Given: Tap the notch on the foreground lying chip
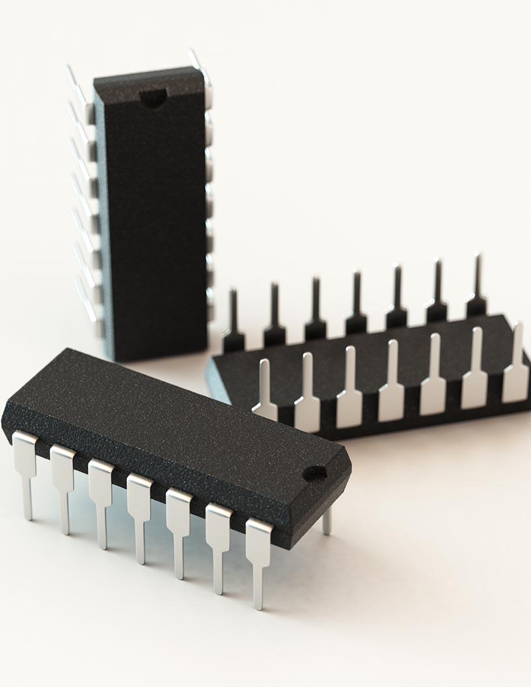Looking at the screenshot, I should (x=314, y=474).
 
